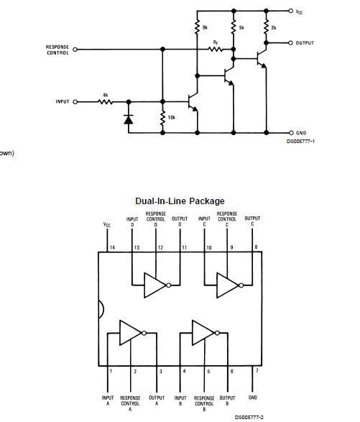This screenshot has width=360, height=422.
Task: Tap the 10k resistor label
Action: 171,116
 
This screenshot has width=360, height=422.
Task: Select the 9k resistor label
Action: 205,27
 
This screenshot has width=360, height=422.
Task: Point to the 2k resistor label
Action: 273,27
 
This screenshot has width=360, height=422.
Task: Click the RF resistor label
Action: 215,43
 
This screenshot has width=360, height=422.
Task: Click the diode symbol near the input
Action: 129,119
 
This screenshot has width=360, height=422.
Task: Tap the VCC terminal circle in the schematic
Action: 290,11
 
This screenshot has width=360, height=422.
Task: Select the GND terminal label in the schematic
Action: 302,133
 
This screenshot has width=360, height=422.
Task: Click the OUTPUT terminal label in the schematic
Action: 305,43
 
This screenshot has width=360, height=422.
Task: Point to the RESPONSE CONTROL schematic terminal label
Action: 57,50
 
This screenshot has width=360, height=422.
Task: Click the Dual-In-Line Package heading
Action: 180,201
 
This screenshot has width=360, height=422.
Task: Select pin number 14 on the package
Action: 111,248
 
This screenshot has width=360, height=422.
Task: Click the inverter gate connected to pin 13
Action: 155,285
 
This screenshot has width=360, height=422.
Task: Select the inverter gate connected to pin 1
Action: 131,333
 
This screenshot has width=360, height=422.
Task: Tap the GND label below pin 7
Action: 252,397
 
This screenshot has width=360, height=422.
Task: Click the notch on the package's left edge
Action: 101,309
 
